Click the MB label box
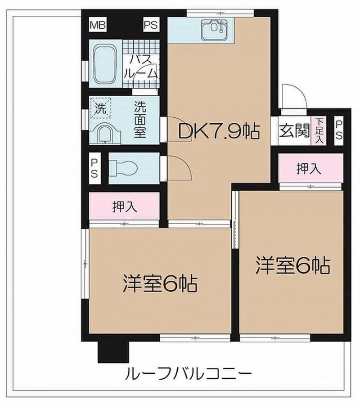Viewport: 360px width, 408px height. coord(98,25)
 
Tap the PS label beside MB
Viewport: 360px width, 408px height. coord(150,25)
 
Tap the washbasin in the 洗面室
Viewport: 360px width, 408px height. coord(105,133)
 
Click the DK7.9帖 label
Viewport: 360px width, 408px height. coord(219,131)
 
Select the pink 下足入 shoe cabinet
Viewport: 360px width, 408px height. coord(319,130)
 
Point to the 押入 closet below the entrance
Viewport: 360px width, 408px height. coord(309,169)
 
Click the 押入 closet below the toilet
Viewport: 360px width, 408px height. coord(124,206)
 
